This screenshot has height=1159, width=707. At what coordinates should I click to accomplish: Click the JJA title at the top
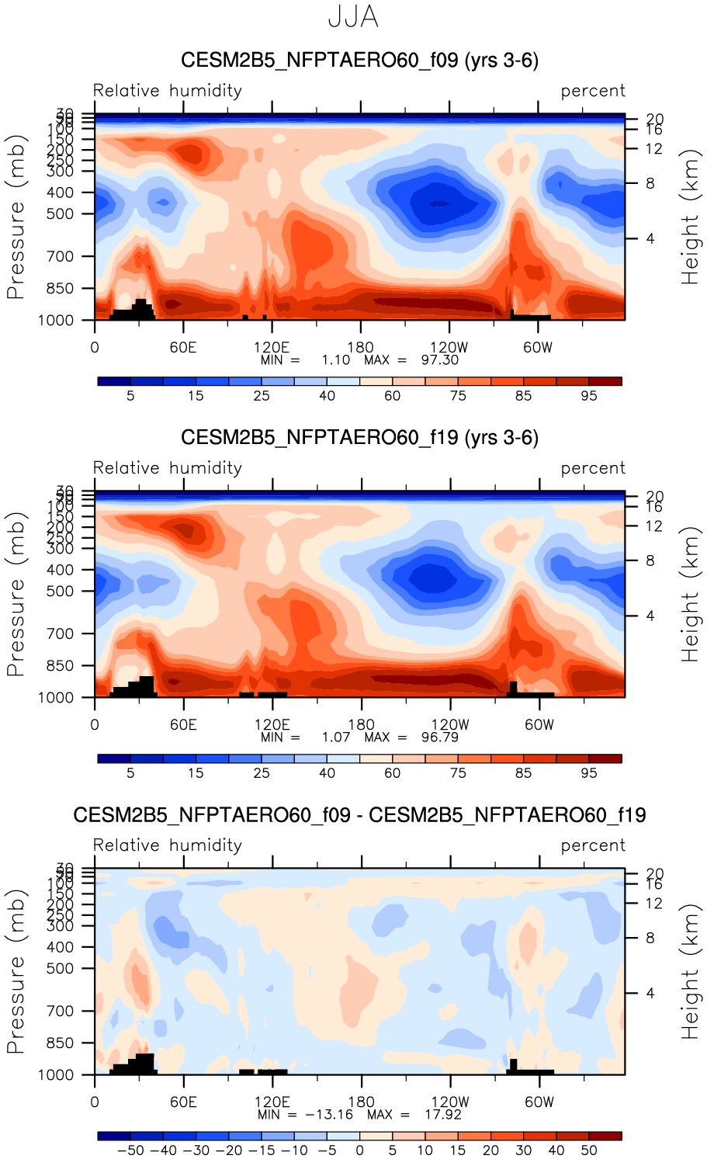coord(353,17)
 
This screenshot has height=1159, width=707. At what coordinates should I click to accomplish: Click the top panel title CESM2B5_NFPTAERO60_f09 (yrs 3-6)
coord(359,61)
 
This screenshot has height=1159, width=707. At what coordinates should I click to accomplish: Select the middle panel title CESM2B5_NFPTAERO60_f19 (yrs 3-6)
coord(359,438)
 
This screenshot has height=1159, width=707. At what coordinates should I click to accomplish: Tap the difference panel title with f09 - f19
coord(359,815)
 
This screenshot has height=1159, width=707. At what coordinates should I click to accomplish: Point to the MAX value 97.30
coord(440,360)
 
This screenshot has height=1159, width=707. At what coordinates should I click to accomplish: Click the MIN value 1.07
coord(336,737)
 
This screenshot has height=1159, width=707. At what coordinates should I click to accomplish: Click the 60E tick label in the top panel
coord(183,348)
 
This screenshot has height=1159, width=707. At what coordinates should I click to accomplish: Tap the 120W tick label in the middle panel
coord(450,725)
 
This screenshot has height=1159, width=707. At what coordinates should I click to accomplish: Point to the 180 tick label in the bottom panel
coord(361,1102)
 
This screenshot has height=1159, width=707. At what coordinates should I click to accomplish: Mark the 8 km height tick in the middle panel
coord(650,560)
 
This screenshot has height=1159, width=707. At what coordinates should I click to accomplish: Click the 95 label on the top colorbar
coord(589,396)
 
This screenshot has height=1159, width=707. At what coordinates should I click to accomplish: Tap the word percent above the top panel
coord(593,91)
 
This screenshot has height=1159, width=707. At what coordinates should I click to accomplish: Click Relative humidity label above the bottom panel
coord(168,845)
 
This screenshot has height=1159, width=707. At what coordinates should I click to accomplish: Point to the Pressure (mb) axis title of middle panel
coord(16,594)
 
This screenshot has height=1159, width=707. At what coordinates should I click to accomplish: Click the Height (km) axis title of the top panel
coord(690,217)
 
